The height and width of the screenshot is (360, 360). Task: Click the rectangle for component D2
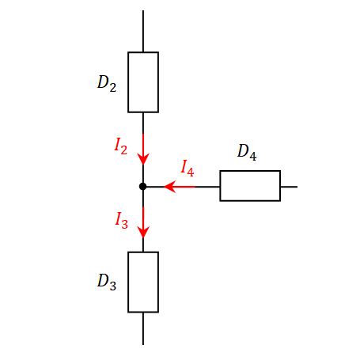click(x=128, y=82)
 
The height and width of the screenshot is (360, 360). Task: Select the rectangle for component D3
click(x=128, y=282)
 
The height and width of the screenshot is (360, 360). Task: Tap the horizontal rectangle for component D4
click(x=250, y=171)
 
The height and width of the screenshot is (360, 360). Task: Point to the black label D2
click(x=107, y=83)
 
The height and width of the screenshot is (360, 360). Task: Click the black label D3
click(x=107, y=282)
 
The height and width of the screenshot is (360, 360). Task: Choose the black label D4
click(x=247, y=152)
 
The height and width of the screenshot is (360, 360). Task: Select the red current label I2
click(x=120, y=146)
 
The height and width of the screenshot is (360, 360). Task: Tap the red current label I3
click(x=121, y=220)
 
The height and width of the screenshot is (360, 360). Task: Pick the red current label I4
click(x=188, y=168)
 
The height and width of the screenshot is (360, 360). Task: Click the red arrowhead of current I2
click(x=143, y=158)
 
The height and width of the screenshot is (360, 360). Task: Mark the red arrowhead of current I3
click(x=143, y=232)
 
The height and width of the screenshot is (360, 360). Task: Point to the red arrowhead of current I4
click(x=170, y=187)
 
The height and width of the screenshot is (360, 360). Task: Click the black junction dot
click(x=142, y=187)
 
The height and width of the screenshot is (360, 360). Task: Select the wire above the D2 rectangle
click(x=143, y=31)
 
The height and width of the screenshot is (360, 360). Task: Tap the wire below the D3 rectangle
click(x=143, y=328)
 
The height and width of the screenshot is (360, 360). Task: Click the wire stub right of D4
click(x=289, y=187)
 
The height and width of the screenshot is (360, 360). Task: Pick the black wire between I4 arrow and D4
click(x=207, y=187)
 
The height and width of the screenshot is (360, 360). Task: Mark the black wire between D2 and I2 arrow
click(x=143, y=123)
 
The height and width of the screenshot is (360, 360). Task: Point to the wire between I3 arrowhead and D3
click(x=143, y=244)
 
